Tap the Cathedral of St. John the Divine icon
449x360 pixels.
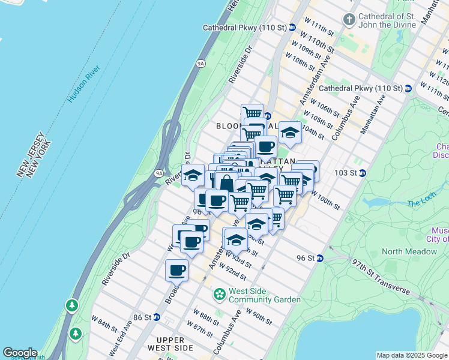[x=349, y=20]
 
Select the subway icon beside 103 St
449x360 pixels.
[x=362, y=173]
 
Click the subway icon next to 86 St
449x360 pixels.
[x=156, y=317]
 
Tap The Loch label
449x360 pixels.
[x=420, y=203]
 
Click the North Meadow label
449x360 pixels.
[x=409, y=251]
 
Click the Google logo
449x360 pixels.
[x=20, y=353]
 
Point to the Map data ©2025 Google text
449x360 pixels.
[x=411, y=355]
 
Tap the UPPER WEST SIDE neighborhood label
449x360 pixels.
[x=170, y=344]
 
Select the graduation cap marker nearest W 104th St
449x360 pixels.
[x=289, y=133]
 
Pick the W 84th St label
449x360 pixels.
[x=104, y=326]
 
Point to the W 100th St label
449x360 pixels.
[x=327, y=202]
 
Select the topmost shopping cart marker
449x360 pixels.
[x=252, y=113]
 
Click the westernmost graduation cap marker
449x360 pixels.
[x=193, y=175]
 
